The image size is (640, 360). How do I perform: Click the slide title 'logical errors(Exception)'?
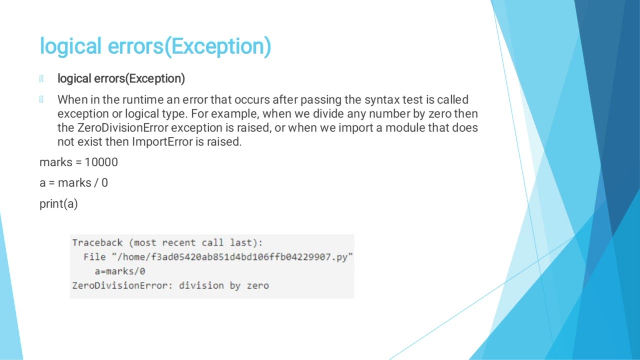(155, 46)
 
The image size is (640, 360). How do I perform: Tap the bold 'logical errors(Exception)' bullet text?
(121, 79)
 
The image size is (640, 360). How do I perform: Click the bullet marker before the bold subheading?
(41, 79)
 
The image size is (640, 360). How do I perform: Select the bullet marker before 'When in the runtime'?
(41, 100)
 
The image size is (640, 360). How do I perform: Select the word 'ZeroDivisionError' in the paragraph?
(123, 128)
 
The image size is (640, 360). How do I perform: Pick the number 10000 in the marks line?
(101, 162)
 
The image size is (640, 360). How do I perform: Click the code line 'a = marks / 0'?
(74, 183)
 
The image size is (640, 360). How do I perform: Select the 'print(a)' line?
(59, 204)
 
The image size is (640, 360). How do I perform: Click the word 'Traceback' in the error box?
(97, 243)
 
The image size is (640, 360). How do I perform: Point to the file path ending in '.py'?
(232, 257)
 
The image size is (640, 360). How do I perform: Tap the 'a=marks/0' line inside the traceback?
(120, 271)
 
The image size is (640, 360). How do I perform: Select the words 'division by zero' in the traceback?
(224, 286)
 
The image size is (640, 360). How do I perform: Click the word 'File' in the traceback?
(95, 257)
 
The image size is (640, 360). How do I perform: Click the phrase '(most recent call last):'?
(196, 243)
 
